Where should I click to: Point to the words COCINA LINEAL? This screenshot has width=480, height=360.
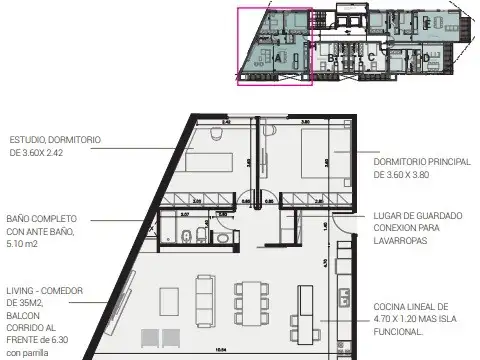click(x=406, y=307)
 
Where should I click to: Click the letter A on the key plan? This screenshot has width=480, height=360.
click(x=276, y=58)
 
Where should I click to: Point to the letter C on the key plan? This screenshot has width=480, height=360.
click(x=371, y=57)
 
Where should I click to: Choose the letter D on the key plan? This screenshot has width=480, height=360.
click(x=425, y=58)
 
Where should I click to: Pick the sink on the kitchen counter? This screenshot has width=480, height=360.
click(x=343, y=296)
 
